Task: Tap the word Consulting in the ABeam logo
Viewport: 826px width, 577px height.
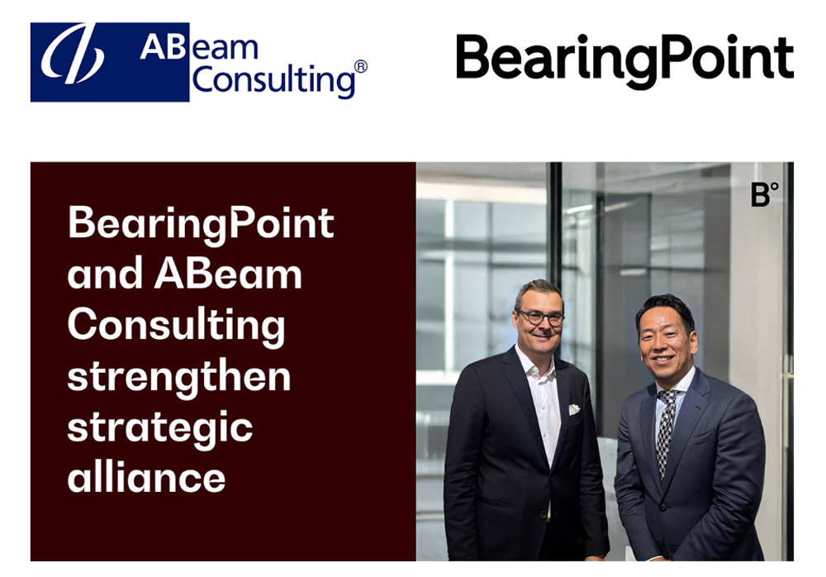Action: [x=273, y=81]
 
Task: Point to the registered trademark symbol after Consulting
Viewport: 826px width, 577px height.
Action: [x=360, y=67]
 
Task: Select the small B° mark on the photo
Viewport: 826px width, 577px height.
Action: [x=763, y=195]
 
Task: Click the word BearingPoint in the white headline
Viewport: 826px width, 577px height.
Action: [x=201, y=223]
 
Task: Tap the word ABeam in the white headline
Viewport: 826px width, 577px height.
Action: [x=228, y=274]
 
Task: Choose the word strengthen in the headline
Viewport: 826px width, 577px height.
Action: [x=179, y=376]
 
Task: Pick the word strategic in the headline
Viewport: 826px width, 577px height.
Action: [x=160, y=427]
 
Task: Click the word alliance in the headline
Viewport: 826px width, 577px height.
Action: [x=146, y=477]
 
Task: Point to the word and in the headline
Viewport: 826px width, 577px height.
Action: [x=104, y=274]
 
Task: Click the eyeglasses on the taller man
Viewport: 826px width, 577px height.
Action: [x=541, y=317]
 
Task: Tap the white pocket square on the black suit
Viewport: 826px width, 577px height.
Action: [x=573, y=409]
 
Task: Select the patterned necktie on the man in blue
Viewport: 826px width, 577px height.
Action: [x=667, y=429]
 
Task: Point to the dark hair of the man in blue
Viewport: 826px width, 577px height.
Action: [x=666, y=307]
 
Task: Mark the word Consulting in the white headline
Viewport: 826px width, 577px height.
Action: [x=176, y=325]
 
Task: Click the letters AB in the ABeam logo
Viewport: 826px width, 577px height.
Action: [x=156, y=47]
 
